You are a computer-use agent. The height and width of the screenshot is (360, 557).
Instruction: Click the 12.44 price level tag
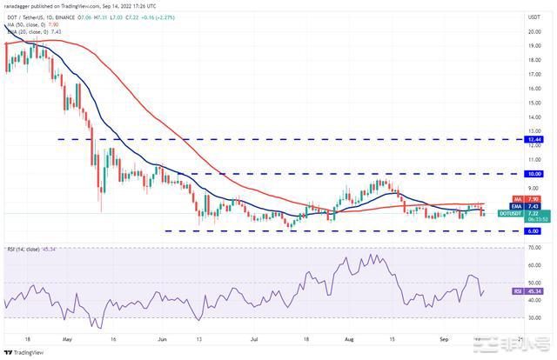pos(530,139)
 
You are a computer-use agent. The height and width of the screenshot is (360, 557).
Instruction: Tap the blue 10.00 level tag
pos(530,174)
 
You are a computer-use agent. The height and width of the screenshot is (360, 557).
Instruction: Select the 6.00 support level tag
pos(530,231)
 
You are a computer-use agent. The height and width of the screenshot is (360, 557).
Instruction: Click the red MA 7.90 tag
pos(530,198)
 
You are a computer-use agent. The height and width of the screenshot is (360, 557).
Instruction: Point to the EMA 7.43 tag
pos(530,205)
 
